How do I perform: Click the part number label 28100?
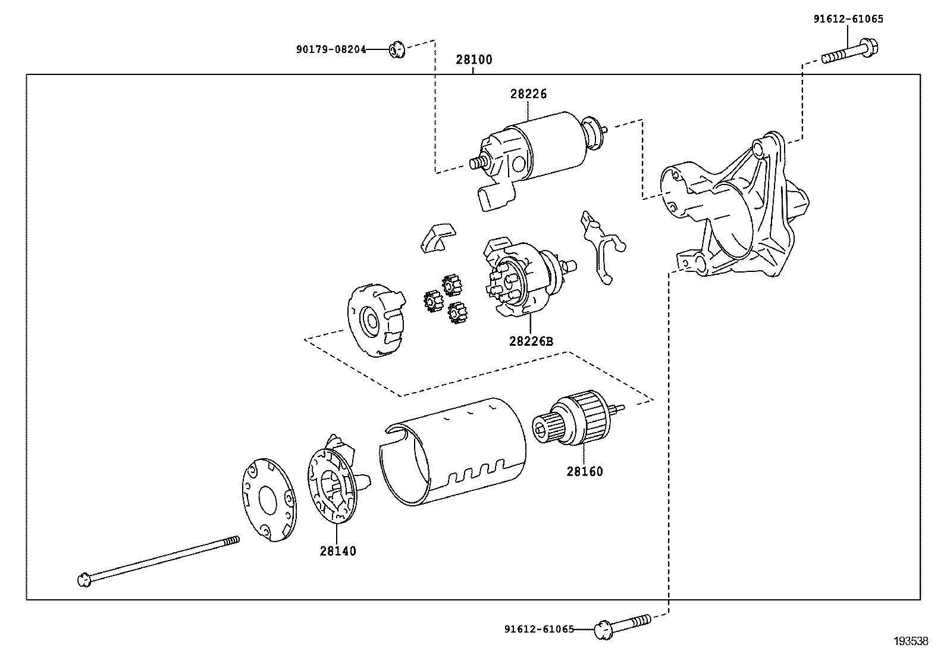point(474,60)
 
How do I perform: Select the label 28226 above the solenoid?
point(528,93)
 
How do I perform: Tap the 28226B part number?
point(531,341)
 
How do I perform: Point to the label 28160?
point(584,471)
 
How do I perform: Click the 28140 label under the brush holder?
point(337,551)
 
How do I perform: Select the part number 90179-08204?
point(331,49)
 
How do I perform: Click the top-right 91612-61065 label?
point(848,19)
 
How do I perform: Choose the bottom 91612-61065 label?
point(539,629)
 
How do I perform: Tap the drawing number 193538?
point(910,641)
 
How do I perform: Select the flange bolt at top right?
point(851,52)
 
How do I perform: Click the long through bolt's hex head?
point(84,578)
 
